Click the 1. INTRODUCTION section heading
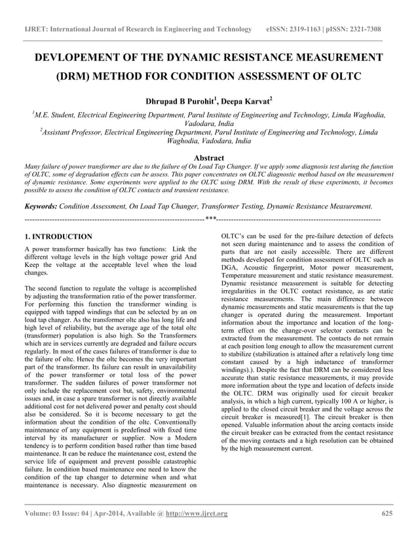pyautogui.click(x=58, y=236)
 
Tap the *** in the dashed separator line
pyautogui.click(x=210, y=218)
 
